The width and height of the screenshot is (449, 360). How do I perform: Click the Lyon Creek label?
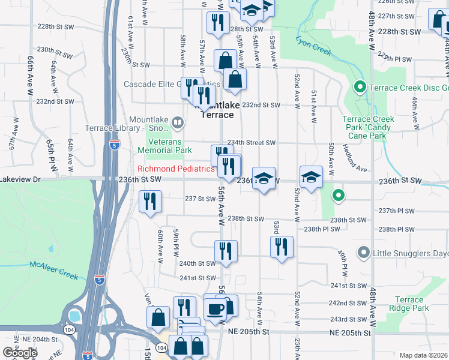[313, 46]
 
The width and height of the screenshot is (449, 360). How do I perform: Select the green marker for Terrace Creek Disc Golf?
[360, 88]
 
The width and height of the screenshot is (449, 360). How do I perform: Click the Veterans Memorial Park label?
[164, 146]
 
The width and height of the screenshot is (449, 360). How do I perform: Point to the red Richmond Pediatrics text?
[176, 169]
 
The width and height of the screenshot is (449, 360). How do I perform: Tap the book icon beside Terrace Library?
[177, 123]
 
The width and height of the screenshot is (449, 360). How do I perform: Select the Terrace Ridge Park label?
[412, 303]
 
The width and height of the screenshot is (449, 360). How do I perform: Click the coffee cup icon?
[215, 309]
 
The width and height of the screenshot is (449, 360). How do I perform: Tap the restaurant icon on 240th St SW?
[226, 251]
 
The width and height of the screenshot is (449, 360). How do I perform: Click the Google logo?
[20, 353]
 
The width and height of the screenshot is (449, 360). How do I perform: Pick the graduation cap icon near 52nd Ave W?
[310, 178]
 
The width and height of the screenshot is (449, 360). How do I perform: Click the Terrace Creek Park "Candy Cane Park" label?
[369, 123]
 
